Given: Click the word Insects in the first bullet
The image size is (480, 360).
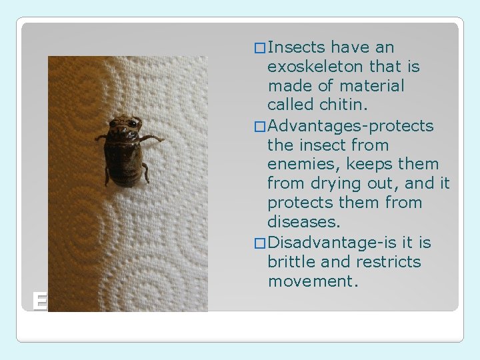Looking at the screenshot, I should [296, 47].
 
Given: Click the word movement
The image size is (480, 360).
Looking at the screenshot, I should [313, 281].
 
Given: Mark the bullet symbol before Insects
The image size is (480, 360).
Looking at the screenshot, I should [259, 48].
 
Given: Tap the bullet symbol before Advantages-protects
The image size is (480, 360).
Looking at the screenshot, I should [259, 126].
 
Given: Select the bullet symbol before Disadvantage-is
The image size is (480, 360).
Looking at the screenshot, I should [259, 243].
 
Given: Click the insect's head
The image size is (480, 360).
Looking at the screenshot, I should [125, 127].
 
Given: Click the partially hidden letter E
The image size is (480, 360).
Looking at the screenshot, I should [40, 302].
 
